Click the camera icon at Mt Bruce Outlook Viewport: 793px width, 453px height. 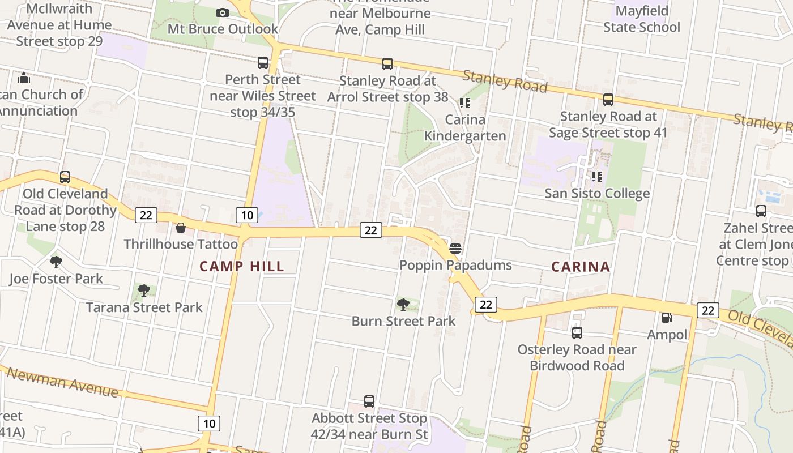click(223, 12)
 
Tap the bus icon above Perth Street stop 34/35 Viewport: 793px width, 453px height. click(263, 63)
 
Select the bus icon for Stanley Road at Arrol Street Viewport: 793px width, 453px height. click(387, 64)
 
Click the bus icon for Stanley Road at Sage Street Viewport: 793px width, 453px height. click(608, 100)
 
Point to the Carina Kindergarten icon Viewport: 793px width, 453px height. click(465, 102)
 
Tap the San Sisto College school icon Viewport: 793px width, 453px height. click(597, 177)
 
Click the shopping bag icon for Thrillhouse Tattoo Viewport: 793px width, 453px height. click(181, 228)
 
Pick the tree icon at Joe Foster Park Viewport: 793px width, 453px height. click(56, 262)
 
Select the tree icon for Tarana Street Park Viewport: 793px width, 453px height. click(144, 290)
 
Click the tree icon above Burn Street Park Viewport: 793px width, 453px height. click(403, 305)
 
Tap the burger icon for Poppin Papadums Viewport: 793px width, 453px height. click(455, 249)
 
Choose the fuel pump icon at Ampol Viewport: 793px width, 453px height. click(667, 318)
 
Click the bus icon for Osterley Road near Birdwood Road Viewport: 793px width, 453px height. click(577, 333)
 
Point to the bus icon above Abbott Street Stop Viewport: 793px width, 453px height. click(369, 401)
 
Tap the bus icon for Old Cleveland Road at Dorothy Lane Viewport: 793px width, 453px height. click(65, 177)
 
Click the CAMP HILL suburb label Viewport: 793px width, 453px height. click(242, 266)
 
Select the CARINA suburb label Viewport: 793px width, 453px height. click(581, 266)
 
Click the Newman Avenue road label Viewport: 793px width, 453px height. click(62, 382)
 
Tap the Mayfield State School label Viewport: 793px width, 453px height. click(642, 19)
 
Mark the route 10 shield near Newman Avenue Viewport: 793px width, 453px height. click(209, 423)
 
